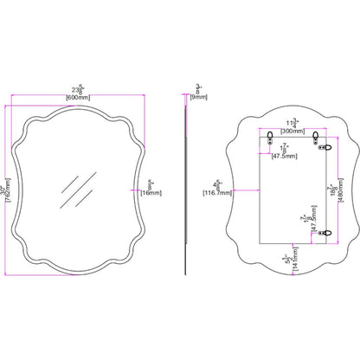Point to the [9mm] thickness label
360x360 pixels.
[199, 96]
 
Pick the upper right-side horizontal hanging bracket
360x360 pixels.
[326, 148]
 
